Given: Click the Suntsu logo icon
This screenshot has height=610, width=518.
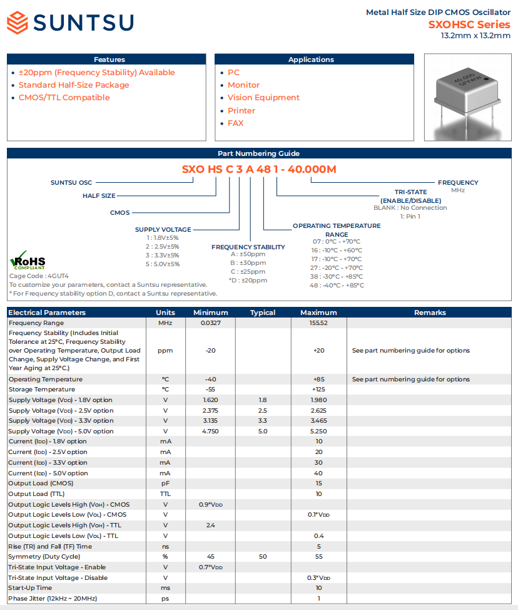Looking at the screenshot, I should tap(18, 23).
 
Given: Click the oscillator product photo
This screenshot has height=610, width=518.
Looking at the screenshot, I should tap(467, 98).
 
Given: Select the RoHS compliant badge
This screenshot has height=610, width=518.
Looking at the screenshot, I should tap(28, 261).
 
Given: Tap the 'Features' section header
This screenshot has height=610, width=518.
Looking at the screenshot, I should tap(109, 59).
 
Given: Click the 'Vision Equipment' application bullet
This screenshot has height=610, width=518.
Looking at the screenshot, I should tap(263, 98).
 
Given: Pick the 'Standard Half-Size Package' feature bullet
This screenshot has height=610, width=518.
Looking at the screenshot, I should tap(74, 85).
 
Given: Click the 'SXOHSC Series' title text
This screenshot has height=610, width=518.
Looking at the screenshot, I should tap(469, 25).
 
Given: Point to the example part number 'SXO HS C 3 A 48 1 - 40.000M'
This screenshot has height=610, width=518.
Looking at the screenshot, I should tap(259, 169).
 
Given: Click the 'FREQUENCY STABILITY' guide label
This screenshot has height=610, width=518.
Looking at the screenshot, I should tap(248, 247).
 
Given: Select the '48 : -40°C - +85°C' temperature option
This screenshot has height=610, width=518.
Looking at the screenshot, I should tap(337, 286).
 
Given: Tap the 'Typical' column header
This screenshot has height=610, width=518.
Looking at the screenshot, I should tap(263, 313).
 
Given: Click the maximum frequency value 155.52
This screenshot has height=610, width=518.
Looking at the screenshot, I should tap(318, 323).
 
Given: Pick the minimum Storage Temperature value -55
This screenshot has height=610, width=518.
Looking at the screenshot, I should tap(210, 390).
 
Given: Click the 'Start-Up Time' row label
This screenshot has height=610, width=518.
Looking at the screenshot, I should tap(30, 588).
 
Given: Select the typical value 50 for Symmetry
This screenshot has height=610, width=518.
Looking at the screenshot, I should tap(263, 557).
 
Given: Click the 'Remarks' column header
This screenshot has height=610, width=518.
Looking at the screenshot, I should tap(430, 313).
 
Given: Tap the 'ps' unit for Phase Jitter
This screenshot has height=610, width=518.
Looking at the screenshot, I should tap(165, 599).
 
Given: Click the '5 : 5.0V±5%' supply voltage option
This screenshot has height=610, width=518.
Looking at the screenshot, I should tap(163, 264).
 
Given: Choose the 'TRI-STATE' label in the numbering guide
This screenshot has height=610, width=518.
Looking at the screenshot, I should tap(410, 192).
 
